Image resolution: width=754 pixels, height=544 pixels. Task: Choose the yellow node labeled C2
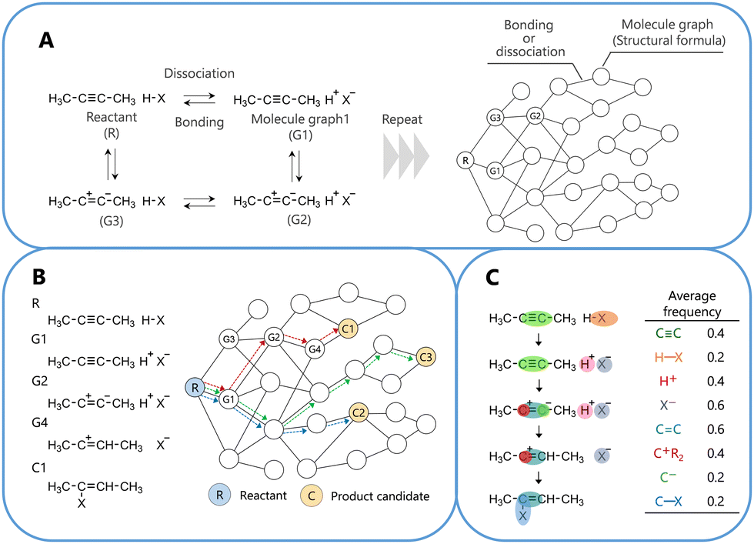tap(358, 413)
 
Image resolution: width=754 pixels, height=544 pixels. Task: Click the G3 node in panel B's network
tap(228, 339)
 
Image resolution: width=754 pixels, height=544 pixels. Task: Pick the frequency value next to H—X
tap(715, 357)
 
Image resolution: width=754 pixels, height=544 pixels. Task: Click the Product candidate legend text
tap(380, 496)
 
